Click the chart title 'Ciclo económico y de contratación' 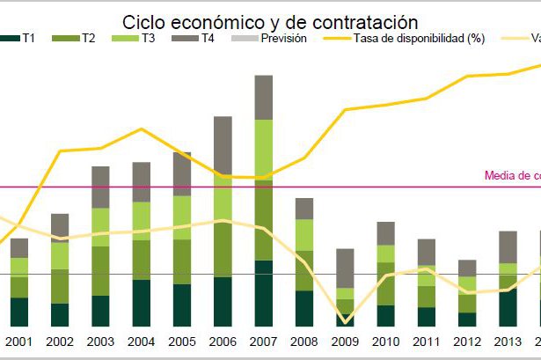point(270,21)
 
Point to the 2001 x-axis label point(18,342)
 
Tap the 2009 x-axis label point(345,342)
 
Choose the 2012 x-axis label point(467,342)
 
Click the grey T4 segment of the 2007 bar point(263,97)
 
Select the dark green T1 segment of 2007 point(263,293)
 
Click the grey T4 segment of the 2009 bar point(345,268)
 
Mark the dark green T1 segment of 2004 point(141,303)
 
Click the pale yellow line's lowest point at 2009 point(345,322)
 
